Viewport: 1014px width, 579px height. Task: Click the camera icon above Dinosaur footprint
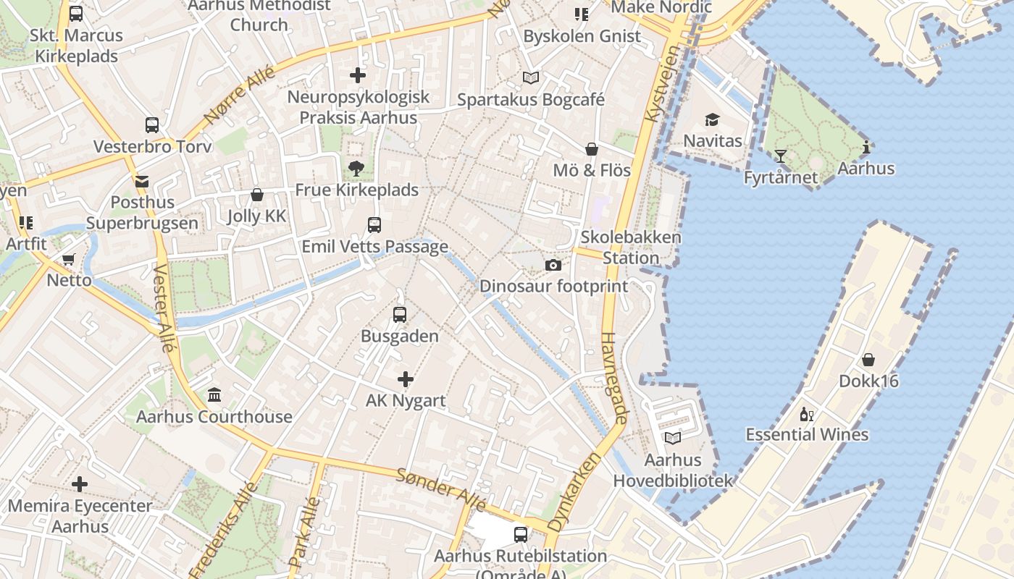tap(553, 266)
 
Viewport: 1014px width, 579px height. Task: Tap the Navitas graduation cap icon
tap(713, 119)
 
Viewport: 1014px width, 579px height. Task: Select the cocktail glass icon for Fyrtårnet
tap(780, 156)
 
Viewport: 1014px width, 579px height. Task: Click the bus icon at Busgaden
tap(399, 315)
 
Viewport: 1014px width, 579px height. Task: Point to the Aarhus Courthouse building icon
tap(214, 395)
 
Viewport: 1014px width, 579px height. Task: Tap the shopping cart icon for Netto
tap(69, 259)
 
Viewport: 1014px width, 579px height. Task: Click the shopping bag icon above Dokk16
tap(868, 360)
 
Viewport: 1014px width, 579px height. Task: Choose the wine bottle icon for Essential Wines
tap(806, 415)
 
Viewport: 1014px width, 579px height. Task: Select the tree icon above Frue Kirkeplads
tap(356, 169)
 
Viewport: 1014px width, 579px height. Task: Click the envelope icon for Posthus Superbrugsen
tap(141, 181)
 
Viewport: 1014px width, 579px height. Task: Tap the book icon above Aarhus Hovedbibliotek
tap(673, 438)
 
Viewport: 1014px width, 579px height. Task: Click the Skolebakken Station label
tap(631, 248)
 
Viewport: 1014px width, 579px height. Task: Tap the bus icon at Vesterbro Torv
tap(152, 125)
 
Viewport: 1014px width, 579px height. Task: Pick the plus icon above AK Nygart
tap(406, 379)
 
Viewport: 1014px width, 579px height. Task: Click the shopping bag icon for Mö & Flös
tap(592, 149)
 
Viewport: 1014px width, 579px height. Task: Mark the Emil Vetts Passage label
tap(374, 247)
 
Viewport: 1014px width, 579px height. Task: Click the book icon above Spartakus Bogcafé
tap(531, 77)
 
